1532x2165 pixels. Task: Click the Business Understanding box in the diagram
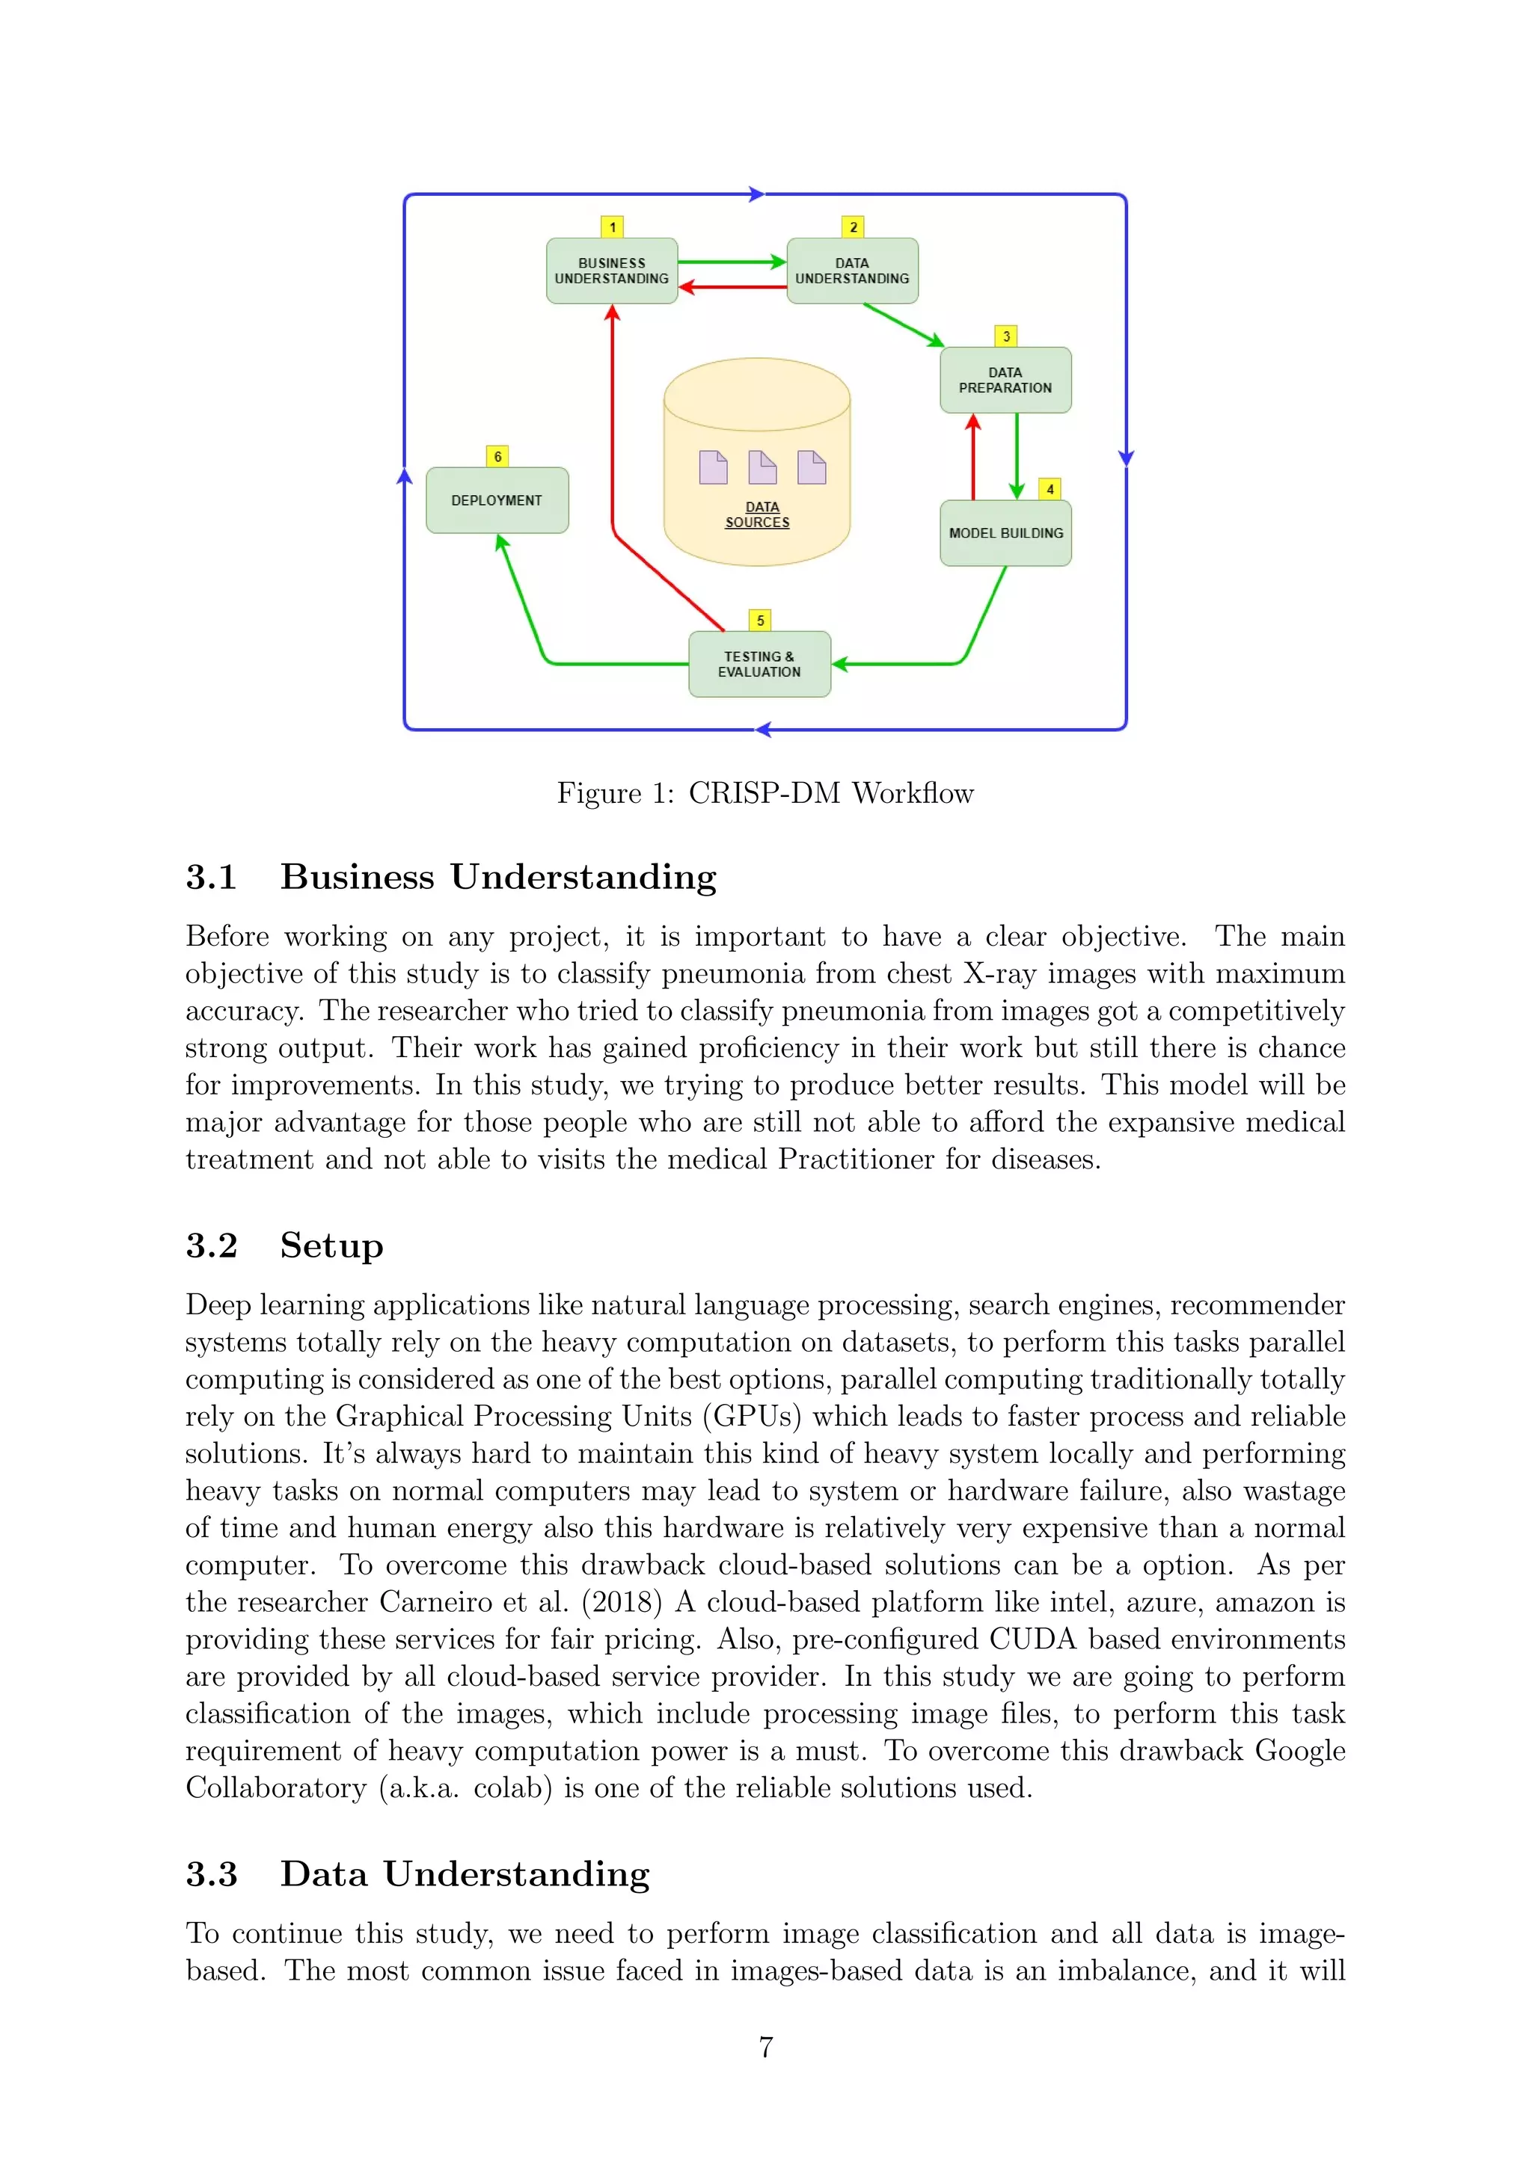tap(611, 271)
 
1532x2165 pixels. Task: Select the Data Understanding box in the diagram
tap(852, 271)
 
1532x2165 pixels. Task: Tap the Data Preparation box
tap(1005, 380)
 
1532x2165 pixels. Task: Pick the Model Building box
tap(1005, 533)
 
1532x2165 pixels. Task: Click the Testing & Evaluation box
tap(759, 664)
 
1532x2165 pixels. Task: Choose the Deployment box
tap(497, 501)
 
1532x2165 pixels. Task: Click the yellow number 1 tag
tap(612, 227)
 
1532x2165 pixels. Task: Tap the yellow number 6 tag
tap(497, 456)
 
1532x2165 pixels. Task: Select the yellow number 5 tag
tap(759, 620)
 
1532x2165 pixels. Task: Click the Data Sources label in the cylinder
tap(758, 515)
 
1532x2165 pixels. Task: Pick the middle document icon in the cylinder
tap(762, 466)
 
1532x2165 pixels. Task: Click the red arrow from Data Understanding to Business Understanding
tap(733, 286)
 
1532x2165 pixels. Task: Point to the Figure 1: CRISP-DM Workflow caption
tap(765, 793)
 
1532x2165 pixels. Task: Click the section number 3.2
tap(211, 1245)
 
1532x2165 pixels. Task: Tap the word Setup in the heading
tap(332, 1245)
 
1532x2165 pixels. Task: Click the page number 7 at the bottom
tap(766, 2047)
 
